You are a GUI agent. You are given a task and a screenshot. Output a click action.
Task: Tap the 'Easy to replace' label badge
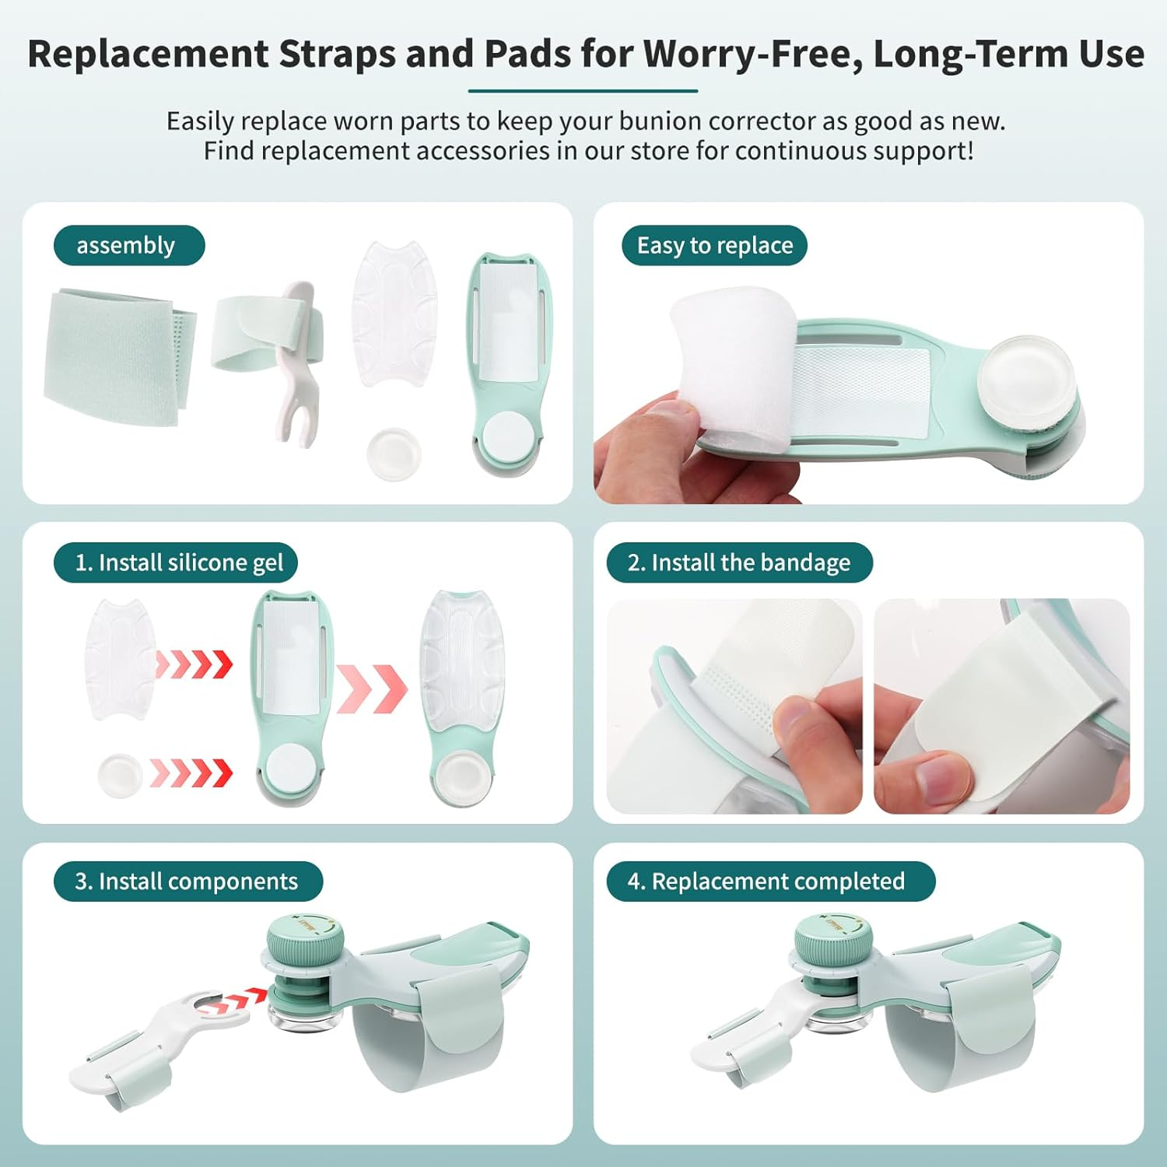click(x=714, y=246)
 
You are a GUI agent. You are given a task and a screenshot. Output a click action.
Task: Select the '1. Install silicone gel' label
click(x=176, y=562)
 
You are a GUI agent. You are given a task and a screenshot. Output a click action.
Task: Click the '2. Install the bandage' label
click(x=739, y=562)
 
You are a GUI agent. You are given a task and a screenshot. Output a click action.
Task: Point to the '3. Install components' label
click(x=187, y=881)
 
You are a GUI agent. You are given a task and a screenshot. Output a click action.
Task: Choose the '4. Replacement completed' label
click(x=770, y=881)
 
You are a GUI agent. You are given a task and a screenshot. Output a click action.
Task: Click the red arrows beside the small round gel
click(x=191, y=773)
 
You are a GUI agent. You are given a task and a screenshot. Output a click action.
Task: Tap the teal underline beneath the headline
click(x=583, y=91)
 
